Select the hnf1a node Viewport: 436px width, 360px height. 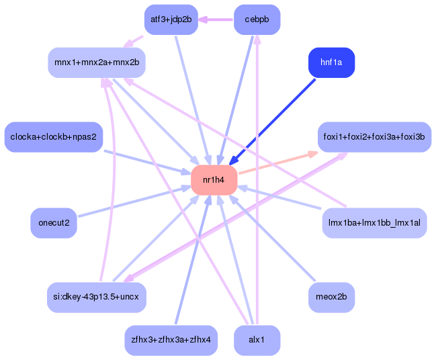pyautogui.click(x=331, y=62)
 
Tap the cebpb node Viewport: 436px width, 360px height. pyautogui.click(x=257, y=19)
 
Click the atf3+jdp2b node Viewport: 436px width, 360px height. pyautogui.click(x=171, y=19)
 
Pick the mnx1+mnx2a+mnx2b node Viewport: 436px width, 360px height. pyautogui.click(x=97, y=62)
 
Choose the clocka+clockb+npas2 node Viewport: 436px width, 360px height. pyautogui.click(x=53, y=137)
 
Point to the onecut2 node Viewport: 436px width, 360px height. pyautogui.click(x=54, y=223)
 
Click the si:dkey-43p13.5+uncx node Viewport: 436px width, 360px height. pyautogui.click(x=97, y=296)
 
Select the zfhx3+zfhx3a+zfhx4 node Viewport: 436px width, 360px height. pyautogui.click(x=171, y=340)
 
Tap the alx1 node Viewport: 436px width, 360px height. pyautogui.click(x=257, y=340)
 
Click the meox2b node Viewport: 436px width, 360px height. pyautogui.click(x=331, y=296)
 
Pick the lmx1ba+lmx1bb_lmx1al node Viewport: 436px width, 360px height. pyautogui.click(x=374, y=223)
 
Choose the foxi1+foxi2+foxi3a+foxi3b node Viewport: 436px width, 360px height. pyautogui.click(x=374, y=137)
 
